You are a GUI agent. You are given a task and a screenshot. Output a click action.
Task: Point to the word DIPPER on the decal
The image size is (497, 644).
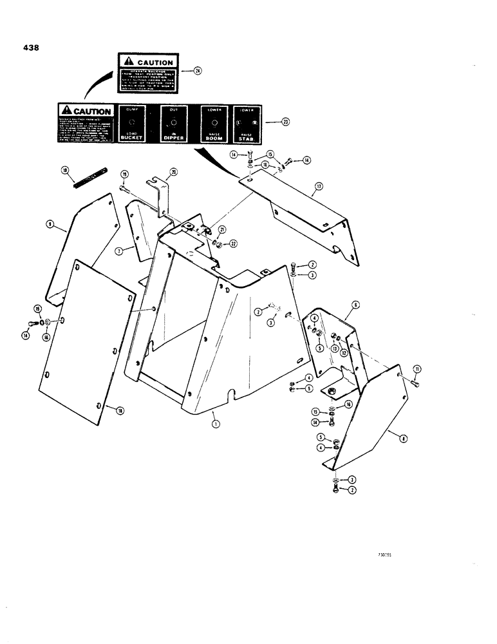click(173, 138)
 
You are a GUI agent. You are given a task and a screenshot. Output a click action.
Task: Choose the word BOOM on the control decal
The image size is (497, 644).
click(213, 138)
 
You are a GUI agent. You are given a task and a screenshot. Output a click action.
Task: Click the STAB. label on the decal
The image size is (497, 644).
click(245, 138)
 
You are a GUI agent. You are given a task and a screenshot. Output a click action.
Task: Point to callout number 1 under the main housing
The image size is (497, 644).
click(215, 425)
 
